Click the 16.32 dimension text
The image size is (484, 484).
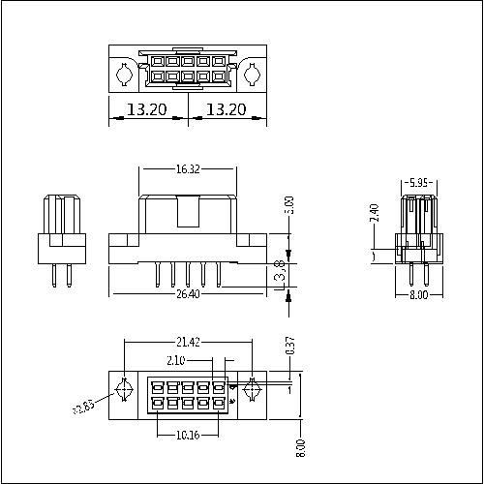tap(188, 168)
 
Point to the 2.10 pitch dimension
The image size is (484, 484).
tap(175, 360)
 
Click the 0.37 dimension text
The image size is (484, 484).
tap(288, 347)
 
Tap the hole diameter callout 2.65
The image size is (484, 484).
tap(83, 408)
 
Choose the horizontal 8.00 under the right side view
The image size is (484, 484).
tap(417, 295)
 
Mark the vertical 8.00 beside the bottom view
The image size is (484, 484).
tap(301, 448)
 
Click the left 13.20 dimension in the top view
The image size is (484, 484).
tap(145, 110)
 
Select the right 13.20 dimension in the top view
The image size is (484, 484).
tap(227, 110)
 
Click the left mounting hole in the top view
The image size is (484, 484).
tap(124, 74)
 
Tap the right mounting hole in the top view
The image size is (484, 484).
tap(252, 74)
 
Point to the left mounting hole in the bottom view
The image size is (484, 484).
tap(124, 390)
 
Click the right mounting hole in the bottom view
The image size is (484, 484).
tap(252, 390)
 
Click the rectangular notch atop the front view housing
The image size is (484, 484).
tap(189, 208)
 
